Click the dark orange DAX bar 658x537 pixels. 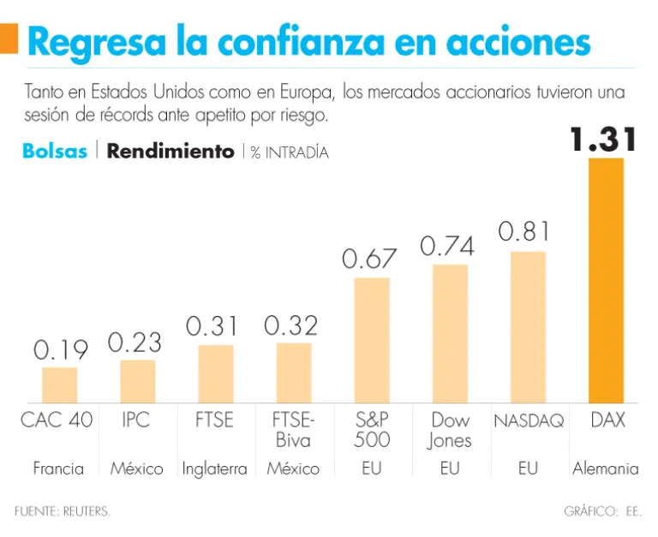[605, 280]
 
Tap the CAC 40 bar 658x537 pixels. [59, 385]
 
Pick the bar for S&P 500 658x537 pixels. [371, 340]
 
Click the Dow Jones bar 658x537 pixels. [450, 333]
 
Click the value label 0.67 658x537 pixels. [370, 259]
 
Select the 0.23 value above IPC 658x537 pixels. [135, 343]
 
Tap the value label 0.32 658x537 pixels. [291, 325]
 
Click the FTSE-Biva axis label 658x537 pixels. [292, 430]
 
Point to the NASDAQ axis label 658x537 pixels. [528, 421]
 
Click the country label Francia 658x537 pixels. [58, 468]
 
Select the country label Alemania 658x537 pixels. [605, 468]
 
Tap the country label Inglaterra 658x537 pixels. [214, 468]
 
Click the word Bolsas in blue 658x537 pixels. [55, 152]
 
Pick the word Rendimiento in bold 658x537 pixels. [170, 152]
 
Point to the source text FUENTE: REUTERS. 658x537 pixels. [63, 511]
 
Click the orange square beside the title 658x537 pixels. [9, 39]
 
